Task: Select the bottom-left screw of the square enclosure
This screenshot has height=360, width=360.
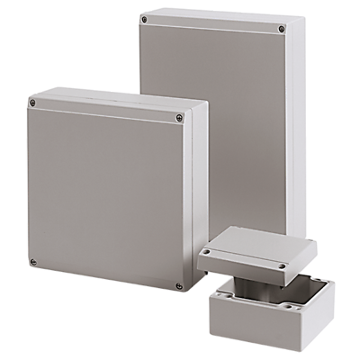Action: (33, 263)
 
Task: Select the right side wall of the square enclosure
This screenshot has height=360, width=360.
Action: (190, 207)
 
